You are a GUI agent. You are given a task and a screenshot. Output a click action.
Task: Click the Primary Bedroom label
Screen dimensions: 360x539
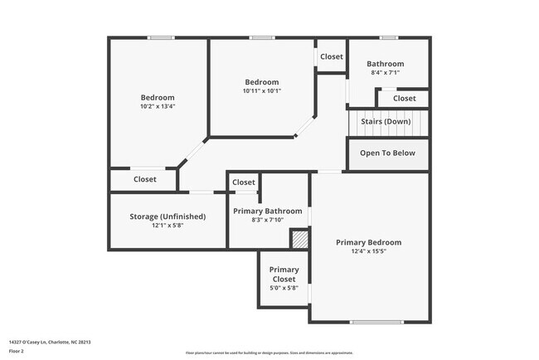coord(368,242)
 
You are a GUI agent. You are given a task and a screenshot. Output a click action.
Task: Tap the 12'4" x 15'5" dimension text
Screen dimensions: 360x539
coord(368,251)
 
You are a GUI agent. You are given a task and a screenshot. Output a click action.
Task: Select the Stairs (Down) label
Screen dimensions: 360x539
coord(386,122)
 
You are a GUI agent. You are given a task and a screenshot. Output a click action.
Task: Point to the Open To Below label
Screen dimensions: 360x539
coord(387,153)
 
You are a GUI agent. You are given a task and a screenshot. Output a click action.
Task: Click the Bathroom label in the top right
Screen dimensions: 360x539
coord(386,64)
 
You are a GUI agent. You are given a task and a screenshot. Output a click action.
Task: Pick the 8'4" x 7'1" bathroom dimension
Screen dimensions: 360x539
coord(386,73)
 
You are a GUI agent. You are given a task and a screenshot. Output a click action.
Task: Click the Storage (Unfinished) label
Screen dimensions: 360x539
coord(168,216)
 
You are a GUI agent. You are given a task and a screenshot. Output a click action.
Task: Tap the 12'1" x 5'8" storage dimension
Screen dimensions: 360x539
coord(168,226)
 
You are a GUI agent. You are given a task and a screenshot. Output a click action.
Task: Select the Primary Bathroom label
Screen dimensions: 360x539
coord(267,211)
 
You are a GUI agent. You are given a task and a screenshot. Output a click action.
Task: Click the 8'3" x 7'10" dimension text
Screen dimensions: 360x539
coord(267,220)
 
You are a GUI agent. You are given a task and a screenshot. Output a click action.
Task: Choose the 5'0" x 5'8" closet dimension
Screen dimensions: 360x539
coord(284,288)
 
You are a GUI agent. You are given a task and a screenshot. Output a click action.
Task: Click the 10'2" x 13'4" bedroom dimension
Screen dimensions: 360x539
coord(158,106)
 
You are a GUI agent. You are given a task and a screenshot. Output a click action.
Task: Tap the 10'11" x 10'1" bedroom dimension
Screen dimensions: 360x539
coord(262,91)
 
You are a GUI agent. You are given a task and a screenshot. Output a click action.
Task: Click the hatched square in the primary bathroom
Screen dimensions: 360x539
coord(299,239)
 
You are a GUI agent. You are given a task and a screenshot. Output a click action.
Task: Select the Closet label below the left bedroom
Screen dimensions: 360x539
coord(145,179)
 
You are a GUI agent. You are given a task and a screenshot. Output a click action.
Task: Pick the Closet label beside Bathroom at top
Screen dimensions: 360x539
coord(332,56)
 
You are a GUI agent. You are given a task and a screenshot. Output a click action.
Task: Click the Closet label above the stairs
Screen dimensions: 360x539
coord(405,99)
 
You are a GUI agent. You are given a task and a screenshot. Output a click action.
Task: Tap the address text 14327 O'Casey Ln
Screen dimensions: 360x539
coord(49,342)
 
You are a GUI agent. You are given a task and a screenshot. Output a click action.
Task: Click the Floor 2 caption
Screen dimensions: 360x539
coord(17,351)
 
